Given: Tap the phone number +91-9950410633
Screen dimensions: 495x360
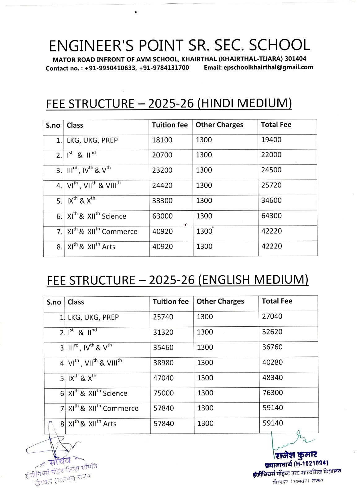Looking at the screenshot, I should tap(110, 68).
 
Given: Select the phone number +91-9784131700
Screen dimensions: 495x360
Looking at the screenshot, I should tap(164, 68).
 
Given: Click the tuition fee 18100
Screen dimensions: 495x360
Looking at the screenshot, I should tap(162, 140).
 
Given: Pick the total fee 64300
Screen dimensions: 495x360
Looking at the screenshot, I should tap(271, 216).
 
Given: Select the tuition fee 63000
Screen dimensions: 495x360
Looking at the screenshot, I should tap(162, 216).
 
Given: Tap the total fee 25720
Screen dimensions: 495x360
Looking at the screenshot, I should tap(271, 185).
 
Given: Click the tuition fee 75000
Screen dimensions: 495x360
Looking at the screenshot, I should tap(163, 393).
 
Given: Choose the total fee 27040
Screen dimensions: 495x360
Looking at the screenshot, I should tap(272, 316).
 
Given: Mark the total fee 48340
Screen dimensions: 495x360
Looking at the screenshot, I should tap(272, 377).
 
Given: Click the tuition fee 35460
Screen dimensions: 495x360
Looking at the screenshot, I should tap(163, 347).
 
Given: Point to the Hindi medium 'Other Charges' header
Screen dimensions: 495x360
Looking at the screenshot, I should tap(219, 125).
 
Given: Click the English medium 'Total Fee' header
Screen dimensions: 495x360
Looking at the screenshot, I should tap(277, 301).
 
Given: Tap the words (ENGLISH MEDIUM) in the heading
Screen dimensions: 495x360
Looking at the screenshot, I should tap(253, 280).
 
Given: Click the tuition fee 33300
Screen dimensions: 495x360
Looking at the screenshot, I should tap(162, 200).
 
